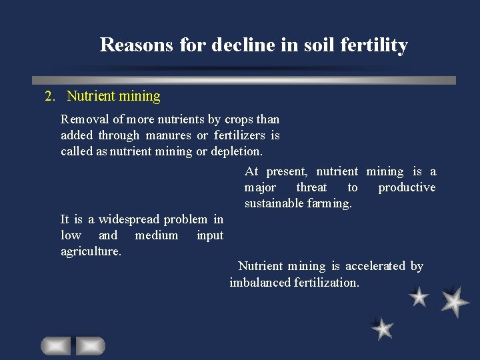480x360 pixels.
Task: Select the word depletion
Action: click(x=237, y=151)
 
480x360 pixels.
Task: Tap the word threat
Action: click(x=311, y=187)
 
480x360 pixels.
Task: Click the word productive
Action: click(x=407, y=187)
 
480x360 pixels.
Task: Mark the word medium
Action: click(x=156, y=235)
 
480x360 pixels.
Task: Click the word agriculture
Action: click(x=91, y=251)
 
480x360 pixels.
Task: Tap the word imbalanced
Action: click(x=260, y=282)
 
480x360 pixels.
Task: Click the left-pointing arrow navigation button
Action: click(x=55, y=345)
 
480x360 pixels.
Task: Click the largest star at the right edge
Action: click(x=455, y=301)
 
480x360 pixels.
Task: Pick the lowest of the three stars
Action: click(x=383, y=328)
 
